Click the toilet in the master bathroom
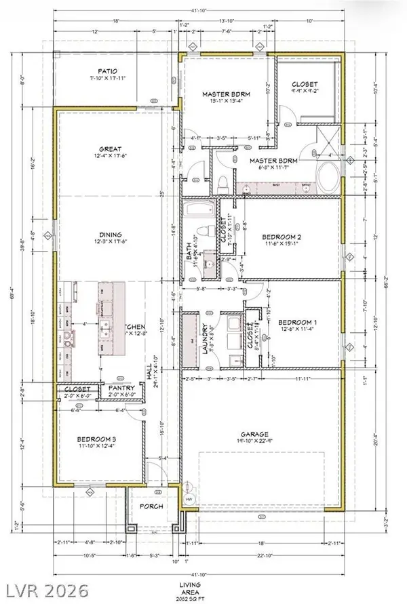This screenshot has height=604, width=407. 225,183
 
